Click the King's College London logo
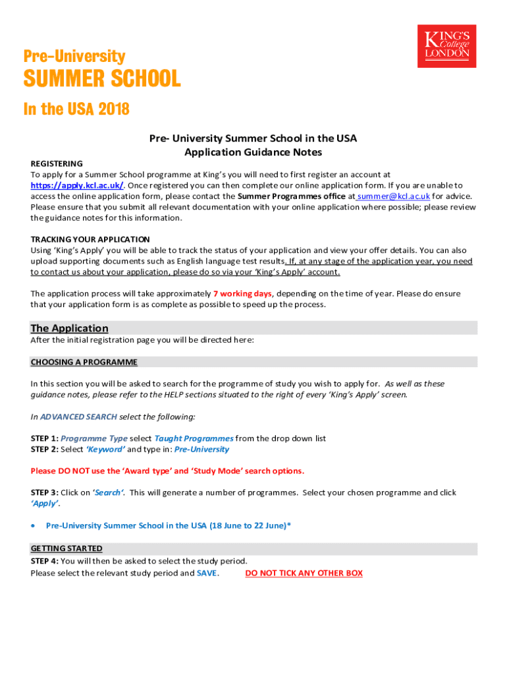[446, 45]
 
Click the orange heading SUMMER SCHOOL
[101, 79]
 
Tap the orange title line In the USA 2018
[76, 109]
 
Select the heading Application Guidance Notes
[253, 152]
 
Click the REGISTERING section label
[57, 163]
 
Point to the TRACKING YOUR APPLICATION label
[90, 239]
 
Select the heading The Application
[69, 328]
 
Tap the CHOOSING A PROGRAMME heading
[84, 362]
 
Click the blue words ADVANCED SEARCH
[78, 417]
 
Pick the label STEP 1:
[44, 438]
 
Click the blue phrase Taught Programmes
[194, 438]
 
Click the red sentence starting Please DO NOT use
[167, 471]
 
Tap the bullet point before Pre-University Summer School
[34, 525]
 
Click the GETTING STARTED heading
[66, 548]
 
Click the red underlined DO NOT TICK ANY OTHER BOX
[304, 573]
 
